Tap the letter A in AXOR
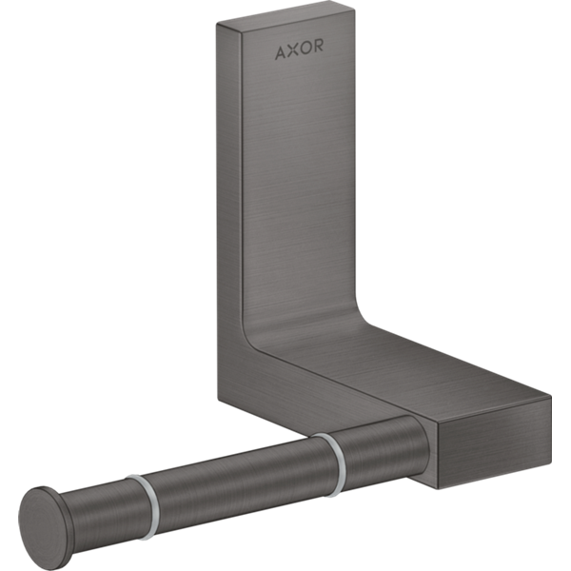coord(281,52)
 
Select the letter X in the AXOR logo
coord(293,50)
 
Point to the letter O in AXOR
coord(305,48)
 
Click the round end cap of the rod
coord(43,525)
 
